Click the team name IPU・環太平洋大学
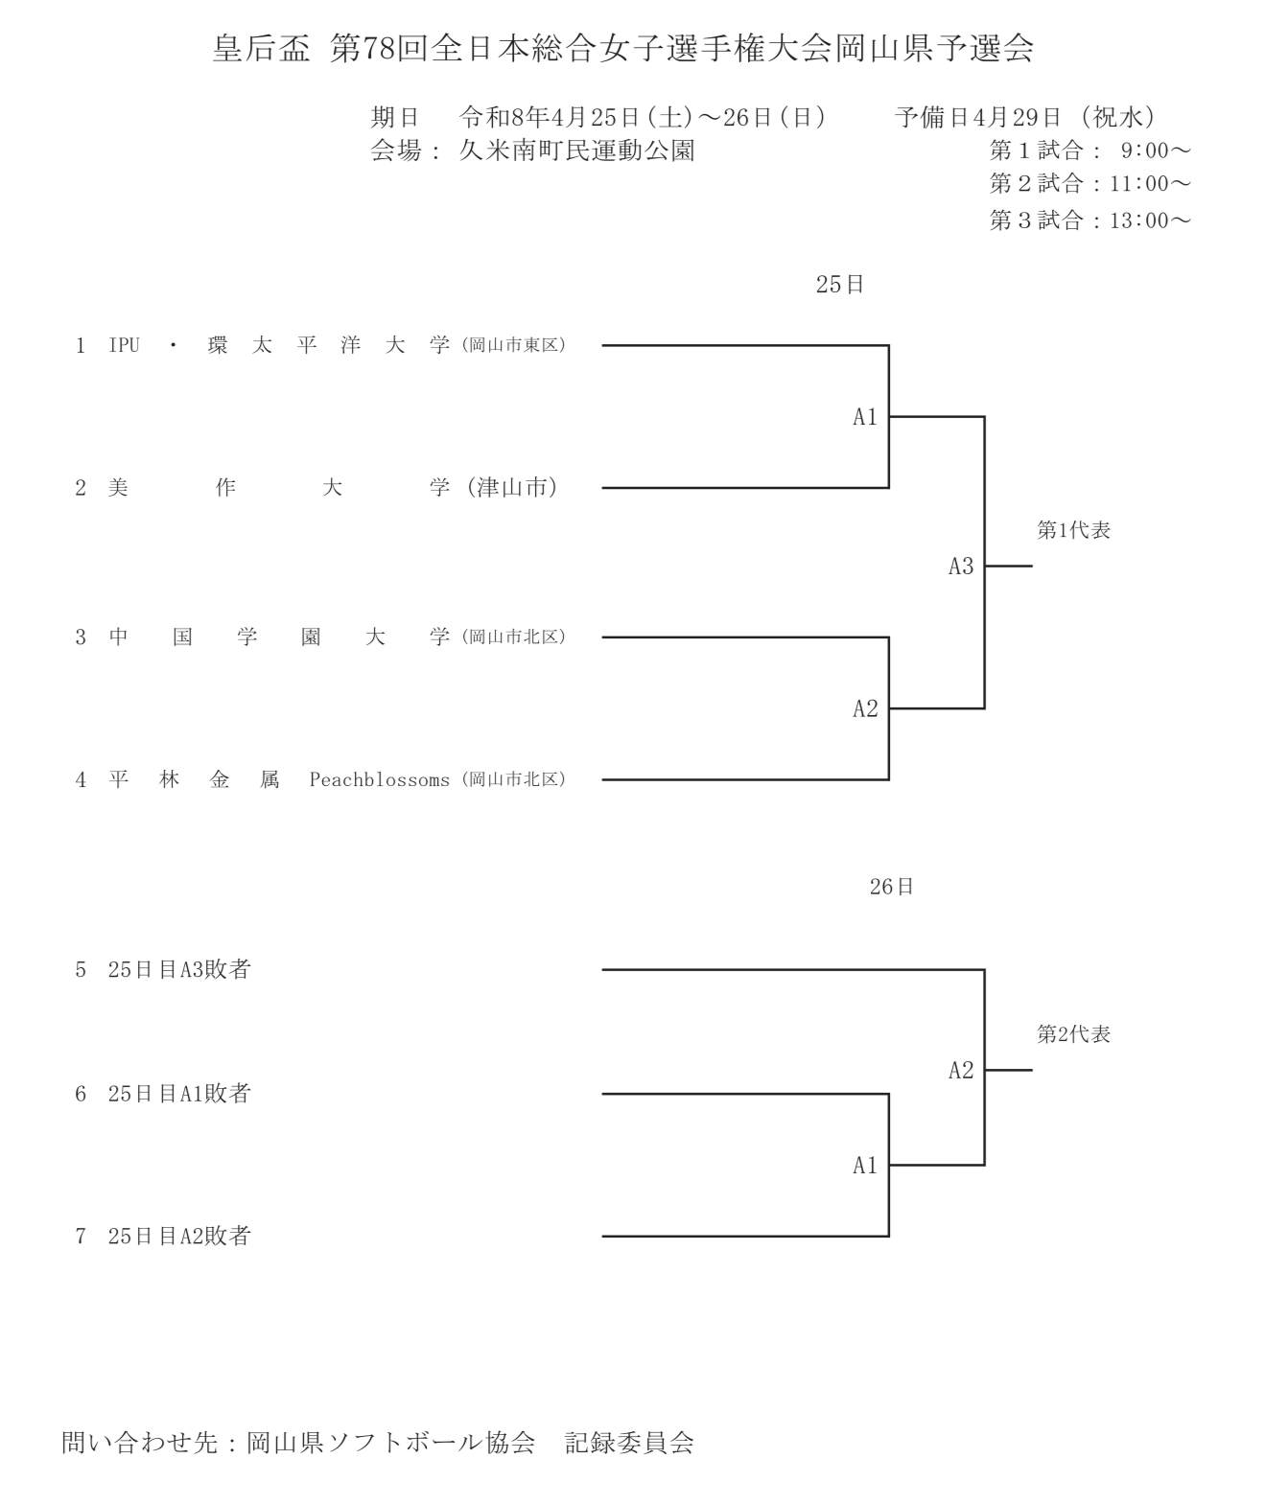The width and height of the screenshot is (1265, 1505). point(278,346)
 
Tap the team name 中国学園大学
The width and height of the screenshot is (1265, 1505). point(278,637)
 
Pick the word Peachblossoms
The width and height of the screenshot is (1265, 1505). point(379,780)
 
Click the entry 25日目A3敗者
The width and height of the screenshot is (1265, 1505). point(178,970)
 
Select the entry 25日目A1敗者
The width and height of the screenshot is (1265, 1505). point(178,1094)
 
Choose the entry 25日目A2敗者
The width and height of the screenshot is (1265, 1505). point(178,1237)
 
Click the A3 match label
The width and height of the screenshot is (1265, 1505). point(961,567)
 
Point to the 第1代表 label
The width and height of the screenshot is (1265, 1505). point(1073,531)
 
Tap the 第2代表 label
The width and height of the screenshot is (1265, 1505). point(1073,1035)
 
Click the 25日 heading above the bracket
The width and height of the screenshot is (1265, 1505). point(840,285)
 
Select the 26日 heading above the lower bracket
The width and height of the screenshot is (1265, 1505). point(892,888)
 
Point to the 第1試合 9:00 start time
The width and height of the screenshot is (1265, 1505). point(1090,151)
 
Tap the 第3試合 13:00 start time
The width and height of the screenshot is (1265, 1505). point(1090,221)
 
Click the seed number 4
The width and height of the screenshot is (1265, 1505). point(81,780)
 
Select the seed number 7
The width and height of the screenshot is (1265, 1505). point(81,1237)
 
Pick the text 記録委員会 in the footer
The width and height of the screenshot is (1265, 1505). point(629,1443)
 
